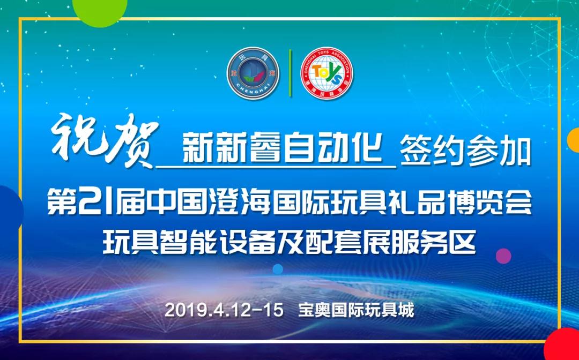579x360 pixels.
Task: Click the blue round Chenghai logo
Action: [x=253, y=73]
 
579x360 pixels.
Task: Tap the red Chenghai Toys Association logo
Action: [x=327, y=73]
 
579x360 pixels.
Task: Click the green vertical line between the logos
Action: [x=290, y=73]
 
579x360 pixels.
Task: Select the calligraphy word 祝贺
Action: [x=105, y=140]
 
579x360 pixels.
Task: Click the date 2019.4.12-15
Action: [x=224, y=310]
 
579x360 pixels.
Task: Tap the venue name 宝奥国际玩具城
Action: [x=357, y=310]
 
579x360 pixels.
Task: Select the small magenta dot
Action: [x=503, y=256]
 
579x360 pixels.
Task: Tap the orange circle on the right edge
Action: [x=574, y=140]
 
